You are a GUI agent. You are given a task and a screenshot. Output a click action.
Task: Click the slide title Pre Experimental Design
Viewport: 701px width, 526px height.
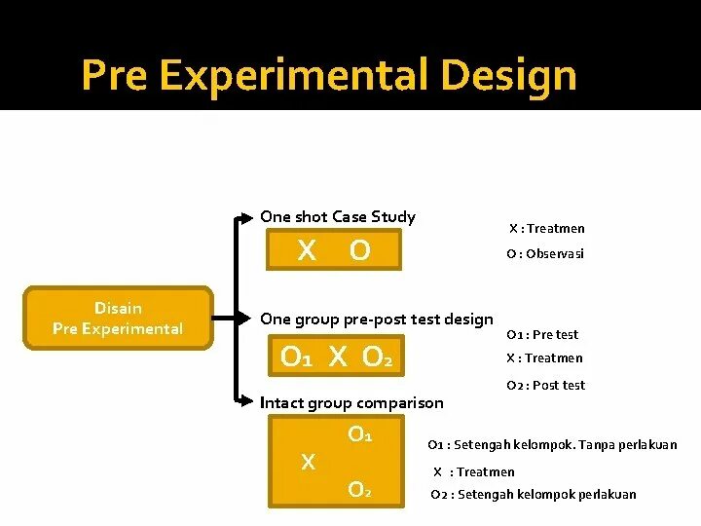328,75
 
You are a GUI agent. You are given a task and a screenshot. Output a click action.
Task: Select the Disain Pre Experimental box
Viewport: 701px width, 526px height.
118,319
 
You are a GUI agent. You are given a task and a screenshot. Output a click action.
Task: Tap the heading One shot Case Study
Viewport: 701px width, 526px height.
338,216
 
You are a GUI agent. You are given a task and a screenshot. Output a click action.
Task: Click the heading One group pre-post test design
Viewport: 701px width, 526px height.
377,319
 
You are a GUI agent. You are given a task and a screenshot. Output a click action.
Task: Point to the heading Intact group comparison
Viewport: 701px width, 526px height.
351,402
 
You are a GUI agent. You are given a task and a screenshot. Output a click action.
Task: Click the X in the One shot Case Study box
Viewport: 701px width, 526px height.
307,251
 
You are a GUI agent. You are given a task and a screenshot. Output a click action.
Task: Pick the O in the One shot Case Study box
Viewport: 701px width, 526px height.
359,251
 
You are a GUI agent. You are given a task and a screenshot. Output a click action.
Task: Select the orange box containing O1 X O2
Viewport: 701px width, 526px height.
337,357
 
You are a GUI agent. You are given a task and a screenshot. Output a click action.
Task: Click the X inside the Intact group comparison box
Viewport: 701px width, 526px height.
308,463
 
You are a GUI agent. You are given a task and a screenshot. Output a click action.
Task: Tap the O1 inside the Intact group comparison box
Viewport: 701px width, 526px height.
360,433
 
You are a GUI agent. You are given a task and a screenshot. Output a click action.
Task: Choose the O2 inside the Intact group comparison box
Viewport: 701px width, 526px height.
359,489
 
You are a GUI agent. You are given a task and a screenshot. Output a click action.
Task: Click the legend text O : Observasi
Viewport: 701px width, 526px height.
545,253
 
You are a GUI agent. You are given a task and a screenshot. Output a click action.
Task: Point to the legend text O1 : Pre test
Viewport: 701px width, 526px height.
542,334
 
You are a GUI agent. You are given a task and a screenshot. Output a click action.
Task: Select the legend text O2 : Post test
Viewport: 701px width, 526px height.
545,385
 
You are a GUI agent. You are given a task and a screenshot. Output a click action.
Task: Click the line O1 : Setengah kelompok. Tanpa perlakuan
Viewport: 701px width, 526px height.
552,445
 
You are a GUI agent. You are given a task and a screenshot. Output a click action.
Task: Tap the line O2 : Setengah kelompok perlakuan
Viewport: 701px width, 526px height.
534,494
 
